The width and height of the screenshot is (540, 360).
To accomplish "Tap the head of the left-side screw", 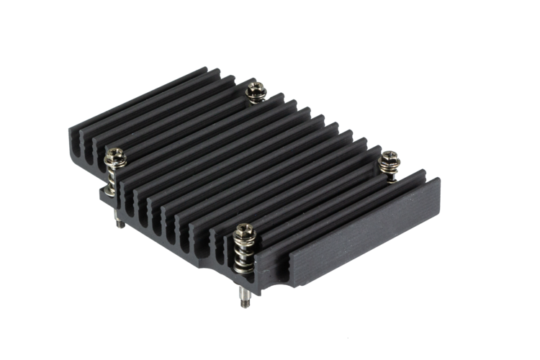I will click(x=115, y=155).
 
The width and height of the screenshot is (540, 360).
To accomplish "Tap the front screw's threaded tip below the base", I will click(x=245, y=297).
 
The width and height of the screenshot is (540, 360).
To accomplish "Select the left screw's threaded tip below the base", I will click(x=120, y=222).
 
